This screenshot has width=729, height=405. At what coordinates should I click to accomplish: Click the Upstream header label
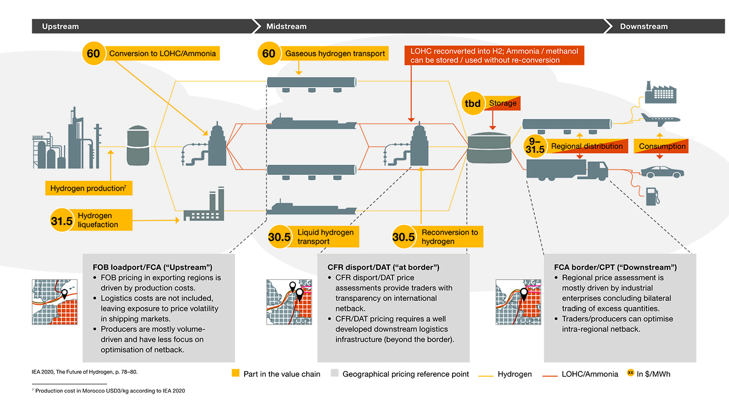[x=60, y=26]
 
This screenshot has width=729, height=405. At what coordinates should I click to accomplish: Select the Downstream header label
[x=644, y=26]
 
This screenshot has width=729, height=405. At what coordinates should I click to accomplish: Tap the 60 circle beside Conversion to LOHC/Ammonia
[x=93, y=53]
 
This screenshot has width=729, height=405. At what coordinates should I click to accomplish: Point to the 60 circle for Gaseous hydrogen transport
[x=269, y=53]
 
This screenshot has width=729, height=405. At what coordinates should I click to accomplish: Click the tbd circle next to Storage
[x=474, y=103]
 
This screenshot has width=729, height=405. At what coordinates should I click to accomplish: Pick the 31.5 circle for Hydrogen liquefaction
[x=62, y=220]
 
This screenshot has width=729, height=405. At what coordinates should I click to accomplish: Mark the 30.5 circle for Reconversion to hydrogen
[x=404, y=237]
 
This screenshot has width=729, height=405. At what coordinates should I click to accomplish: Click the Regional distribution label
[x=586, y=146]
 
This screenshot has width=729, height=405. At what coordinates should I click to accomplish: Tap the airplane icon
[x=659, y=119]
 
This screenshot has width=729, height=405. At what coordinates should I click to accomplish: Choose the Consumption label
[x=662, y=146]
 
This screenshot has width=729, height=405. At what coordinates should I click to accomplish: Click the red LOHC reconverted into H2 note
[x=494, y=56]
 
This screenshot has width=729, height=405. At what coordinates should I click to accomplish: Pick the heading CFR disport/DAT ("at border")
[x=383, y=267]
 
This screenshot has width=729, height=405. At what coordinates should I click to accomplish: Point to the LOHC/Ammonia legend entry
[x=590, y=374]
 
